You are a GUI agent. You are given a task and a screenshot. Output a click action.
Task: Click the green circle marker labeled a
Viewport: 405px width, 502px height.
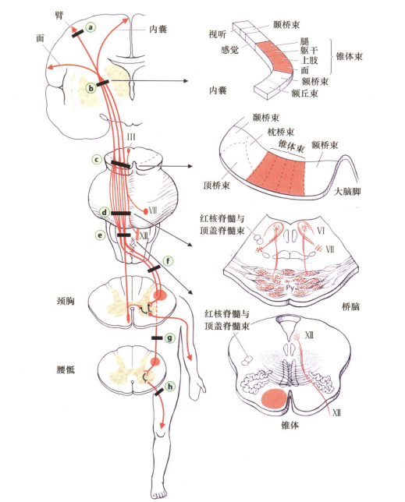tap(91, 27)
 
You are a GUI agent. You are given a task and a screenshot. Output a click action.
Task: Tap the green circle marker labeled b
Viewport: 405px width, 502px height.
tap(91, 89)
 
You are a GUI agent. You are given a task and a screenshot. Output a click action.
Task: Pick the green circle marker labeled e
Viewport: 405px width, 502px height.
tap(100, 234)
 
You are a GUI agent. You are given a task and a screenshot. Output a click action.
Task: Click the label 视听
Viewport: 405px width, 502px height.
tap(218, 35)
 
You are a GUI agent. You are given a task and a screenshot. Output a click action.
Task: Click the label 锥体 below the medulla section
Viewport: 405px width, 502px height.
tap(290, 426)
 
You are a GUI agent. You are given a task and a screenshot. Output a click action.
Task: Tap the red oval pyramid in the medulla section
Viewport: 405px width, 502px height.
tap(274, 400)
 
